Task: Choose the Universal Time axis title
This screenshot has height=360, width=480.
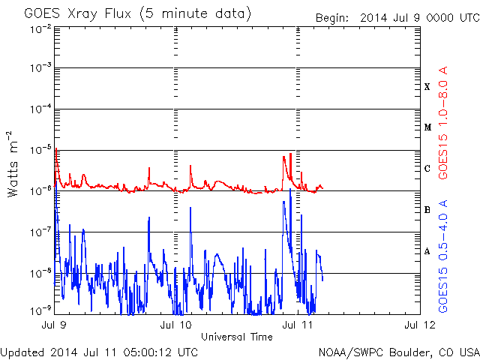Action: click(236, 337)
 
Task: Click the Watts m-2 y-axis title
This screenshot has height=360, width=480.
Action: click(13, 163)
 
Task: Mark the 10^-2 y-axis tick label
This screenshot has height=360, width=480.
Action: click(40, 28)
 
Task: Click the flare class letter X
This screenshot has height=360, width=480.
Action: click(427, 87)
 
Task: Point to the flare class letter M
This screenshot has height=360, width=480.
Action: click(427, 127)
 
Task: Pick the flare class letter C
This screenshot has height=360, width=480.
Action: click(427, 169)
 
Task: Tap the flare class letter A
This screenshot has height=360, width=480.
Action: click(427, 251)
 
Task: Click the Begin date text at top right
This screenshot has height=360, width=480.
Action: click(396, 17)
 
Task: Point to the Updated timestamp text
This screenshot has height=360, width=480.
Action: click(100, 352)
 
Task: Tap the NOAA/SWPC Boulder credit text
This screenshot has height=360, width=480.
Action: click(397, 352)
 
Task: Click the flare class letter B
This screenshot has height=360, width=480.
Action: click(427, 210)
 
